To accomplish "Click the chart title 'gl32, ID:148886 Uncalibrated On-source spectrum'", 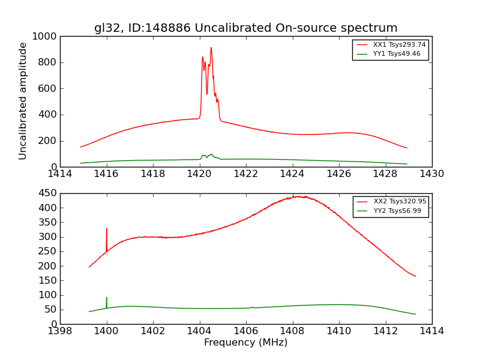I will [x=245, y=28].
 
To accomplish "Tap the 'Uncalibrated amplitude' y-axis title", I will [x=23, y=101].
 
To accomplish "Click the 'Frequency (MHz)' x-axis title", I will [x=245, y=343].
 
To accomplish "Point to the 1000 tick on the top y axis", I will [x=45, y=37].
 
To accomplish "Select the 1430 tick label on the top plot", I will [x=431, y=174].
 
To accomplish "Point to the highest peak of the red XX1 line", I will [x=211, y=47].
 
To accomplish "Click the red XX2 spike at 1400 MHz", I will [x=107, y=229].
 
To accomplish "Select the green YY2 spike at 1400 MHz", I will [x=107, y=298].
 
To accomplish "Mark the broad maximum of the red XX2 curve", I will [x=298, y=196].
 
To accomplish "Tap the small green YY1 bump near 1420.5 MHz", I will [x=211, y=154].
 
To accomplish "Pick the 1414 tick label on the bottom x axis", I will [x=431, y=331].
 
